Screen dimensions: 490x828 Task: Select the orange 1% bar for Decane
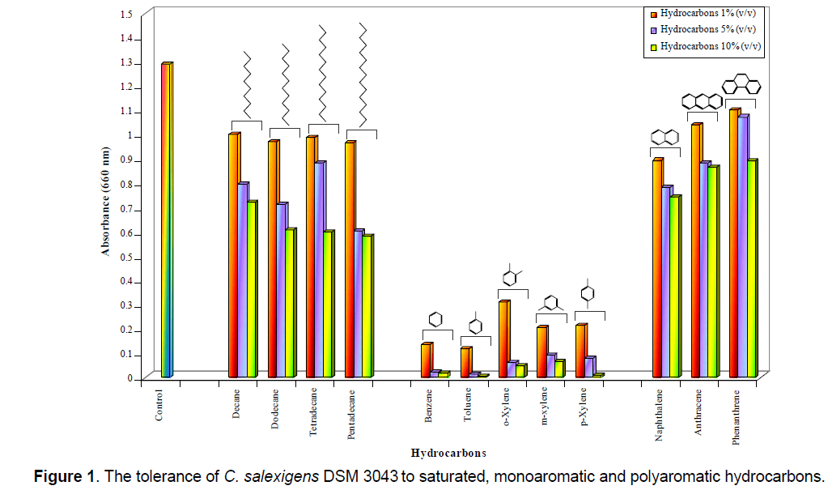click(x=233, y=255)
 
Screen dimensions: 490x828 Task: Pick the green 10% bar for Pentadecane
click(x=367, y=306)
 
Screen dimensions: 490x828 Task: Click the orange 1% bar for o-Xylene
click(x=503, y=339)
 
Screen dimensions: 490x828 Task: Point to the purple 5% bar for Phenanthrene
click(x=742, y=246)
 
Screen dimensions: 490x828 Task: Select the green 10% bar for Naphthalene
click(x=674, y=287)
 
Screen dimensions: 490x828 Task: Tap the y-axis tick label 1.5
click(x=125, y=15)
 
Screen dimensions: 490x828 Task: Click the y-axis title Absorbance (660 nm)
click(x=105, y=202)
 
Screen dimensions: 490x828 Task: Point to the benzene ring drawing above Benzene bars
click(x=435, y=318)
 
